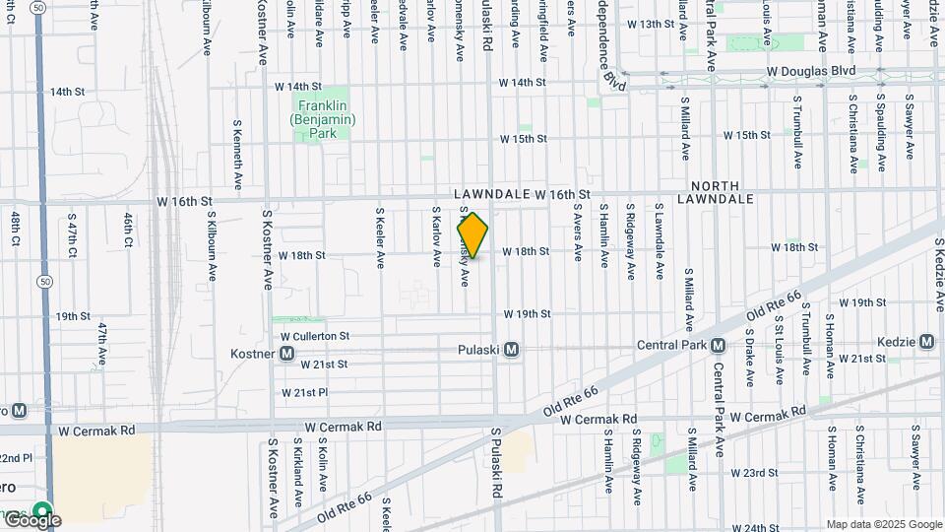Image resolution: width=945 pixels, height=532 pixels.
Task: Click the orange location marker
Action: coord(472,235)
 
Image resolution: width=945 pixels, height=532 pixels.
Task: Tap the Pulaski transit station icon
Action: coord(511,350)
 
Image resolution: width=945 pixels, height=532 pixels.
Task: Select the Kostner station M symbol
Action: coord(286,353)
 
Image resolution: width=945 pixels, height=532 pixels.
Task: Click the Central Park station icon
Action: coord(718,345)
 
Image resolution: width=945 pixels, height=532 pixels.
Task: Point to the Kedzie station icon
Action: coord(926,341)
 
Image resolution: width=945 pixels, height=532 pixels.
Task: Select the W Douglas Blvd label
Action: coord(810,72)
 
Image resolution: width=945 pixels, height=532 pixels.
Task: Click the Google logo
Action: coord(31,519)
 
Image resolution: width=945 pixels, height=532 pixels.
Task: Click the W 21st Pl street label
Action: coord(304,392)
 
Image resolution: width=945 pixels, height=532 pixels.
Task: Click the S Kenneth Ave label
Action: coord(238,155)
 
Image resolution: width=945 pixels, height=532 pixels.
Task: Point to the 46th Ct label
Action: coord(129,229)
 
